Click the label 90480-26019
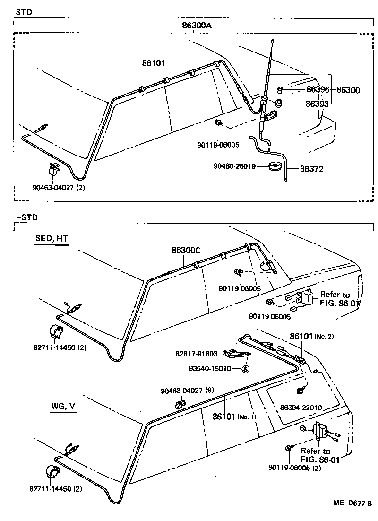[235, 166]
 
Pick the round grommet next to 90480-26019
[275, 166]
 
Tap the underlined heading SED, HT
[52, 239]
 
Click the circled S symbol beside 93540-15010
[245, 369]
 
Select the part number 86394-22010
[301, 407]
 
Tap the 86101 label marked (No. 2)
[311, 336]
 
